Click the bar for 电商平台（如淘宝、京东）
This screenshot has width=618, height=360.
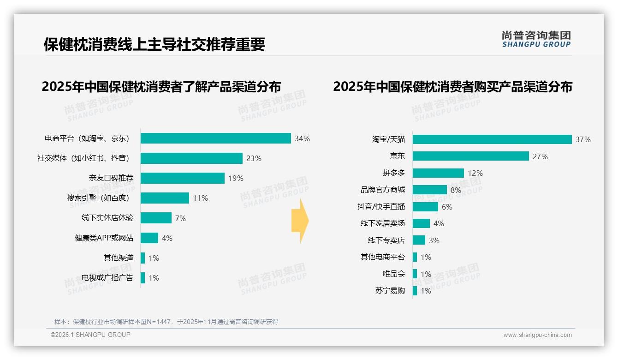(x=215, y=138)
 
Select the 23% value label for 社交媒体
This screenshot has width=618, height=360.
(x=254, y=158)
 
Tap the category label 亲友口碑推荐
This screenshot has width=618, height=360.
(x=111, y=178)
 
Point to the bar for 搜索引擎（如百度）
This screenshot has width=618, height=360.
(x=165, y=198)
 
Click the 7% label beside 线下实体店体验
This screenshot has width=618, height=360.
(x=180, y=218)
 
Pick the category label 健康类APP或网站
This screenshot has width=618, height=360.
(x=104, y=238)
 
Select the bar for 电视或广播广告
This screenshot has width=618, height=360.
(x=143, y=278)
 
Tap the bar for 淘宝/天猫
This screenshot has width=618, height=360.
(x=492, y=139)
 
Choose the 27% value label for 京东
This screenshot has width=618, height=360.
(x=540, y=156)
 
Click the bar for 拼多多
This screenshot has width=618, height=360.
(x=438, y=173)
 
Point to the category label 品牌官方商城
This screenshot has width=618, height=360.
(x=382, y=190)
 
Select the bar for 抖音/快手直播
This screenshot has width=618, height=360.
(x=425, y=207)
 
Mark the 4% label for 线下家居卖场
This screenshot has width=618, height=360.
(x=439, y=223)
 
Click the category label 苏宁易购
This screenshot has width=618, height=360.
(x=390, y=291)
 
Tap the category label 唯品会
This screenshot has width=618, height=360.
(x=393, y=274)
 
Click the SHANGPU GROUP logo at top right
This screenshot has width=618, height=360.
(x=536, y=39)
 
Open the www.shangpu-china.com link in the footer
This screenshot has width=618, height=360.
(x=537, y=335)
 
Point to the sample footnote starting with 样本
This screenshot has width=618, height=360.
(x=166, y=322)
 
